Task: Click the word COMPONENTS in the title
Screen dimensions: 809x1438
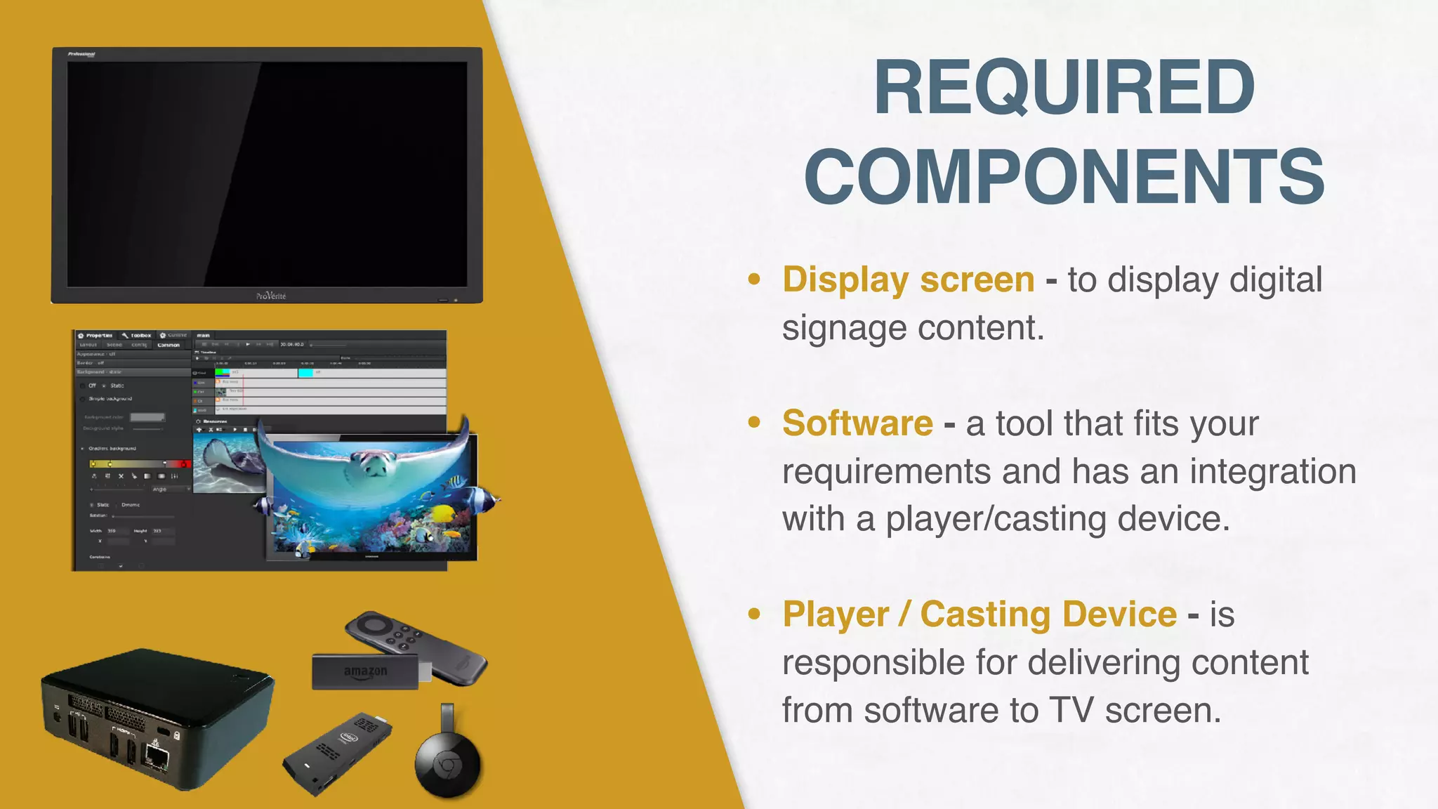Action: [x=1064, y=176]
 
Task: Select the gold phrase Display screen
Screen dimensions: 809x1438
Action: [x=908, y=279]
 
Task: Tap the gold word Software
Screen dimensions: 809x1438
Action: [x=857, y=423]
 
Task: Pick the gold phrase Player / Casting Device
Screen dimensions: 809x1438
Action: [x=979, y=614]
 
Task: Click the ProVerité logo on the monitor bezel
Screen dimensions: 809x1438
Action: [x=271, y=296]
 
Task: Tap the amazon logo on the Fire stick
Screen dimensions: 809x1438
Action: [x=365, y=672]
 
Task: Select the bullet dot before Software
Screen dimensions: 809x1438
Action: [x=754, y=423]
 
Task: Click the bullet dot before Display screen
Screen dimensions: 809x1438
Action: [x=754, y=279]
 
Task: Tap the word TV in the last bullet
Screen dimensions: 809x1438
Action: [x=1071, y=710]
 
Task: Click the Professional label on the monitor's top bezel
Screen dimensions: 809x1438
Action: [x=81, y=54]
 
